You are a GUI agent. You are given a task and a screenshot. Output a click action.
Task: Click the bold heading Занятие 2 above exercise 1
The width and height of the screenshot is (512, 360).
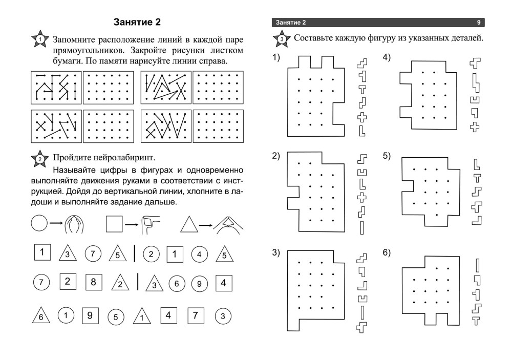(137, 22)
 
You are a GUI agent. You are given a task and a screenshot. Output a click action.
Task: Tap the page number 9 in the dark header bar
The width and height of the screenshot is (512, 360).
(479, 23)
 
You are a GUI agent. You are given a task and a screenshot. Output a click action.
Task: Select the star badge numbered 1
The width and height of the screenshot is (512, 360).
(40, 39)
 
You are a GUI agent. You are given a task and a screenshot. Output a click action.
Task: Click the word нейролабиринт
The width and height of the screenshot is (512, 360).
(125, 158)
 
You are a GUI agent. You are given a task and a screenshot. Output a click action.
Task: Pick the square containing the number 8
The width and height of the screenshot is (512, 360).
(93, 282)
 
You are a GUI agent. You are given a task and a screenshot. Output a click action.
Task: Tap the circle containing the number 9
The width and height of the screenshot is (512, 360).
(199, 284)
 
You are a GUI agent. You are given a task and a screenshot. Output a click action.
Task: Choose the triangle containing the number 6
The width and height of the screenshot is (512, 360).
(41, 315)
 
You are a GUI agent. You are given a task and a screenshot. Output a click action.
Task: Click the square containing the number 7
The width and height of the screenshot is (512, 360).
(196, 315)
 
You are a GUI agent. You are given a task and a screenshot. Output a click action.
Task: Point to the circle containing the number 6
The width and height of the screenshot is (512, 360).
(177, 283)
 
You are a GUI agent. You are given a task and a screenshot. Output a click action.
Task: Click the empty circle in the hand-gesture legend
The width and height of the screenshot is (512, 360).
(39, 223)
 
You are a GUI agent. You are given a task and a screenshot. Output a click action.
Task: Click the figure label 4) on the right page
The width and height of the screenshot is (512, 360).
(387, 57)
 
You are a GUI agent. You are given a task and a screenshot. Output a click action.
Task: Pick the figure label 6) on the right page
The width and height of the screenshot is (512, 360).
(387, 253)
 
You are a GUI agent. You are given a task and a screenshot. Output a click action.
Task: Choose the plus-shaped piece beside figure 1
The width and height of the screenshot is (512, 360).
(362, 117)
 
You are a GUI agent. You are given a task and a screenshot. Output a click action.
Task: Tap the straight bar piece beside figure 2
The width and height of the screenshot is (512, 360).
(362, 228)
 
